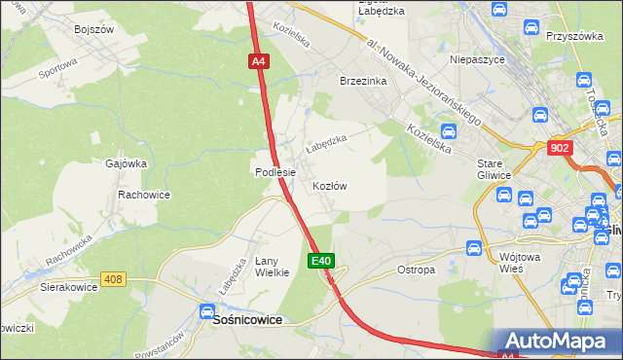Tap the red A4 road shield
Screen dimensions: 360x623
[x=258, y=61]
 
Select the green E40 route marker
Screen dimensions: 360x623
[x=323, y=261]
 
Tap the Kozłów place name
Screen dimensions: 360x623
[x=330, y=185]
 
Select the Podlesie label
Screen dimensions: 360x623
[x=275, y=172]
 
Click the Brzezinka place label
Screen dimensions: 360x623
[x=363, y=81]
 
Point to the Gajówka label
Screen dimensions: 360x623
[x=126, y=163]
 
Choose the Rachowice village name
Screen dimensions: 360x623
[x=144, y=195]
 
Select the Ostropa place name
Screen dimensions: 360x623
[x=417, y=270]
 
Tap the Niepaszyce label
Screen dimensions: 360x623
[x=475, y=59]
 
